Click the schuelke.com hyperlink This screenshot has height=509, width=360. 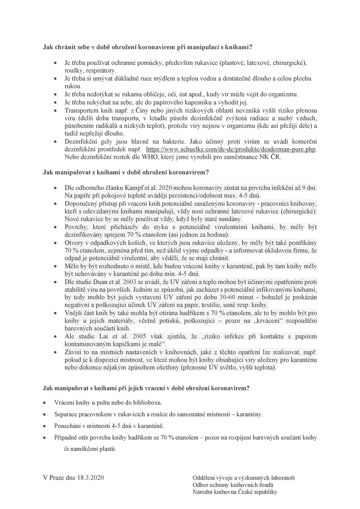click(231, 149)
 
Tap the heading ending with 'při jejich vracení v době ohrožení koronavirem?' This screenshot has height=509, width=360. click(146, 388)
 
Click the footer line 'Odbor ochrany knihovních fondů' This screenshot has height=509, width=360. click(233, 485)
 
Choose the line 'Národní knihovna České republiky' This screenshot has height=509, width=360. click(235, 492)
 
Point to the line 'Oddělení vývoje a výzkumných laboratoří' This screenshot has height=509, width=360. click(243, 478)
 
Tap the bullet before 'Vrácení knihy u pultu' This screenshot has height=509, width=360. click(44, 402)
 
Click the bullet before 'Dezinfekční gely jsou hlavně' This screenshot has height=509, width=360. click(55, 141)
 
